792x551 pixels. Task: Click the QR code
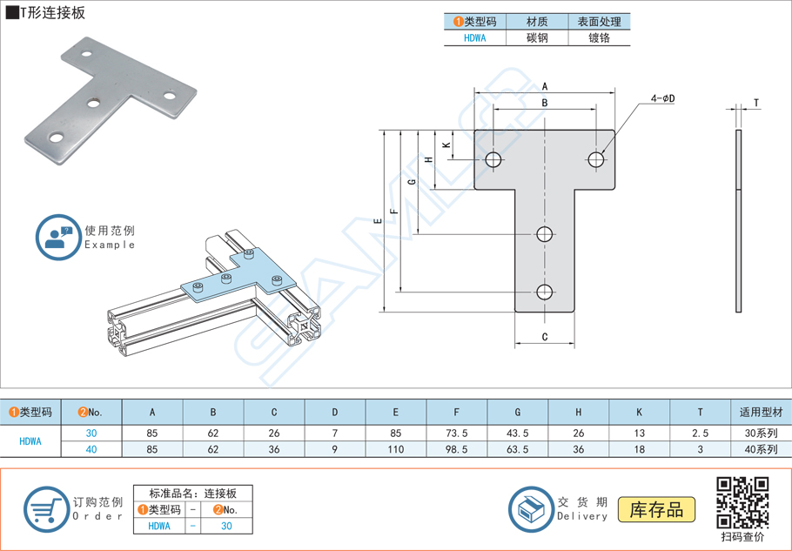(x=742, y=502)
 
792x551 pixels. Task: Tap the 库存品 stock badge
(x=656, y=510)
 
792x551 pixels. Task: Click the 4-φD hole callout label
(x=662, y=98)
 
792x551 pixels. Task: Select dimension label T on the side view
(x=756, y=104)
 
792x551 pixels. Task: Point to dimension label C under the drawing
(x=544, y=336)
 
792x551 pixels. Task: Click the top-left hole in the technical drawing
(x=493, y=158)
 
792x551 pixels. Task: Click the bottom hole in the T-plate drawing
(x=545, y=292)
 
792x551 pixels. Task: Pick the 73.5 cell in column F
(x=457, y=433)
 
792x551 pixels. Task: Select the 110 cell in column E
(x=396, y=449)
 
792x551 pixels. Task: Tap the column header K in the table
(x=639, y=412)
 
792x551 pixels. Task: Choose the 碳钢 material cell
(x=537, y=38)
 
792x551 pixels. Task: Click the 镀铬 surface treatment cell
(x=599, y=38)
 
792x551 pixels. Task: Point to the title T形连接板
(x=52, y=13)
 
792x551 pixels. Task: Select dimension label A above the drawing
(x=545, y=86)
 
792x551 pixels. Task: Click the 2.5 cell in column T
(x=700, y=433)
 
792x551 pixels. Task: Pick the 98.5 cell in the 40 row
(x=457, y=449)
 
